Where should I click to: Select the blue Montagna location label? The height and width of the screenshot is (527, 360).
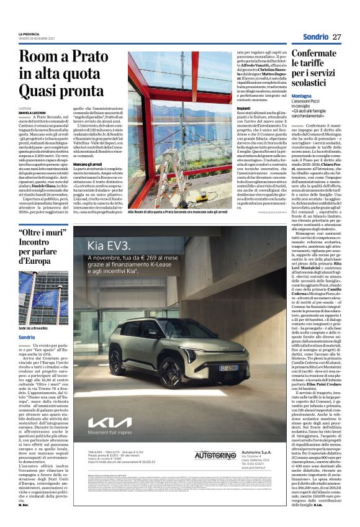pyautogui.click(x=302, y=96)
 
